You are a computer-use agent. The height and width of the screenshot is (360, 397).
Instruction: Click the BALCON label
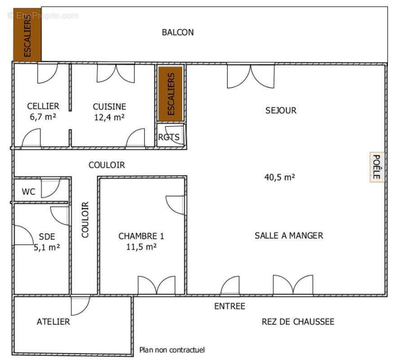(178, 32)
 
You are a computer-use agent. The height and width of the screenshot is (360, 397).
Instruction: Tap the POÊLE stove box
(376, 167)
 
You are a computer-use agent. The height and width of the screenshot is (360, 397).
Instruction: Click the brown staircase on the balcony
(27, 34)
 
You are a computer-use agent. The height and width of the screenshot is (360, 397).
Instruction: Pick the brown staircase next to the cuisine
(170, 94)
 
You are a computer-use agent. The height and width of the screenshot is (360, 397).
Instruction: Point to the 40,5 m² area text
(279, 177)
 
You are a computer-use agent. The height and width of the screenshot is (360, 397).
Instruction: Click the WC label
(29, 192)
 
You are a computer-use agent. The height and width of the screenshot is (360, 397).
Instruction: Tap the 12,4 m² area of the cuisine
(109, 117)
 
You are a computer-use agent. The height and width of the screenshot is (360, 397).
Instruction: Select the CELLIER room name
(43, 106)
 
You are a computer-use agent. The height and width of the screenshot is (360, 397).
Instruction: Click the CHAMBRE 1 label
(141, 236)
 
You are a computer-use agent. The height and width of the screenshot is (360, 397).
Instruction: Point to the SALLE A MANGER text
(289, 235)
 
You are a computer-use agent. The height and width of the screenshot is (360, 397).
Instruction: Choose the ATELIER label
(53, 322)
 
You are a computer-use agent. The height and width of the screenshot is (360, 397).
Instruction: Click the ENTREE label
(229, 306)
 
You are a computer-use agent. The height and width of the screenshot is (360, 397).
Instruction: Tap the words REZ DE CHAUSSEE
(298, 322)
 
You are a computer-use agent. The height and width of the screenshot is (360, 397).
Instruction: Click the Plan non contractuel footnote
(172, 350)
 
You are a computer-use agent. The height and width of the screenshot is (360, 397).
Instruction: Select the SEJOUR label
(281, 110)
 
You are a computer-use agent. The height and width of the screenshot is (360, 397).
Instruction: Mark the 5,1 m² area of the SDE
(47, 247)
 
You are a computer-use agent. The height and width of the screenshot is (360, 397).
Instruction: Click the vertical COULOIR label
(85, 220)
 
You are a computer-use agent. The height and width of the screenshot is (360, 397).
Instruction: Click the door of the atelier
(80, 305)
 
